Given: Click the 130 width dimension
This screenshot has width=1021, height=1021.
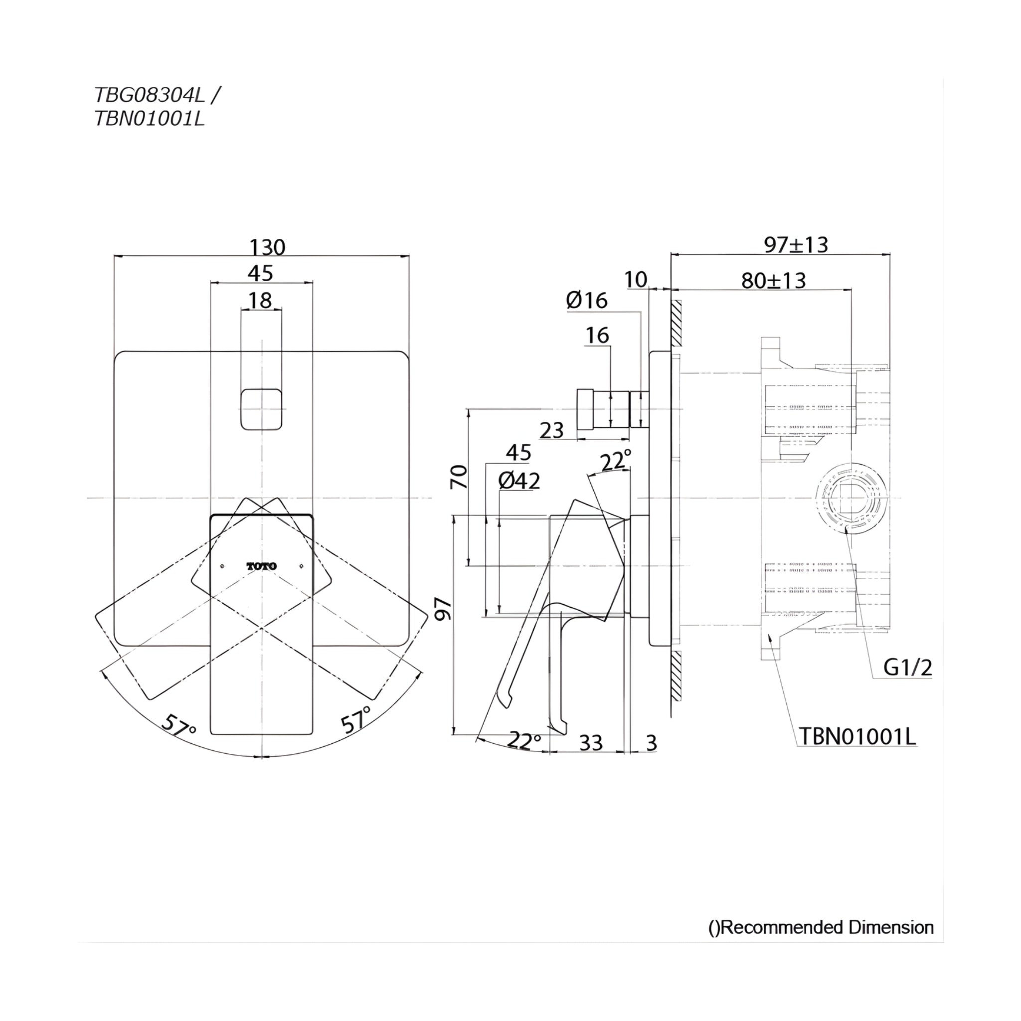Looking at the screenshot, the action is coord(267,247).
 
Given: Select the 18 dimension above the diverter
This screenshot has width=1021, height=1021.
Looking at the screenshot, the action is coord(260,300).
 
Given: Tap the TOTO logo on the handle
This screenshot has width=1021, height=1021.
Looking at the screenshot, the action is coord(262,566).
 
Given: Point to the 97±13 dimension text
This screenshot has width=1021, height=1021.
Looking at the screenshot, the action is coord(796,245).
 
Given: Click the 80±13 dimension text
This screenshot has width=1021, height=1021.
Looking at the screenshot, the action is coord(773,281).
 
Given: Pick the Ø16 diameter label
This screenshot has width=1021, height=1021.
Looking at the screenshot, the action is coord(587,300).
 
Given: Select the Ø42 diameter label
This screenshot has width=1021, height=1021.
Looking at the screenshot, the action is coord(519,481).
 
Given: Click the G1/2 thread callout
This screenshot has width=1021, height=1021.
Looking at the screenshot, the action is coord(907,668).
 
